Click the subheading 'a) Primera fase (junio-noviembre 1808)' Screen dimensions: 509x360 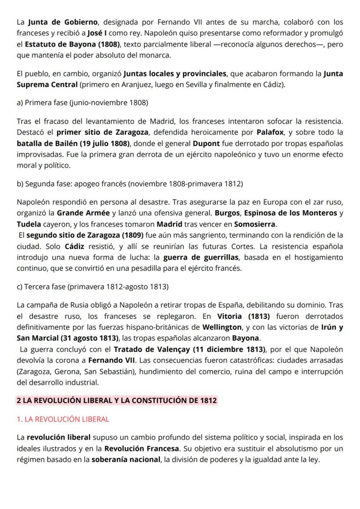[82, 103]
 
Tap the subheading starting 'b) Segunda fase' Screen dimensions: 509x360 [130, 184]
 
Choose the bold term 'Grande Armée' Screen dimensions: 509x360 [83, 213]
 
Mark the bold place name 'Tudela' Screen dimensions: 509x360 [29, 224]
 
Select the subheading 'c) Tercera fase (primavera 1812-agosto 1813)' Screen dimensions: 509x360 [93, 287]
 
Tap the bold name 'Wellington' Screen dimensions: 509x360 [222, 327]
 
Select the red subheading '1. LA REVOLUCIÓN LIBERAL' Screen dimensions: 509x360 [63, 419]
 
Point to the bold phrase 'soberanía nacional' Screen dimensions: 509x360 [126, 459]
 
